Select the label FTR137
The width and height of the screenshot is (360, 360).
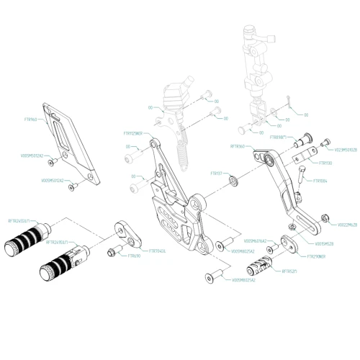click(215, 174)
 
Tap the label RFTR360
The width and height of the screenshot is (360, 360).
click(238, 146)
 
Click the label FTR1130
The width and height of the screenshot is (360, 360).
click(323, 163)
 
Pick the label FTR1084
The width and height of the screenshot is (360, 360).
click(320, 181)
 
